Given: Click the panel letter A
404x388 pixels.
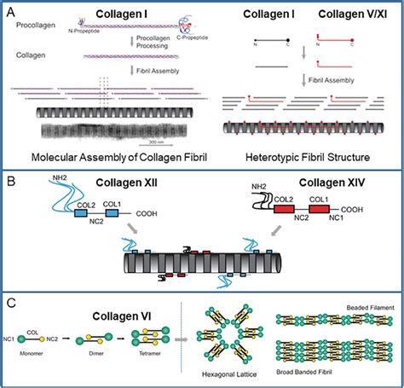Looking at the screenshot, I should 10,10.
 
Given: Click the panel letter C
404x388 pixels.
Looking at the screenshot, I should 10,302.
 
